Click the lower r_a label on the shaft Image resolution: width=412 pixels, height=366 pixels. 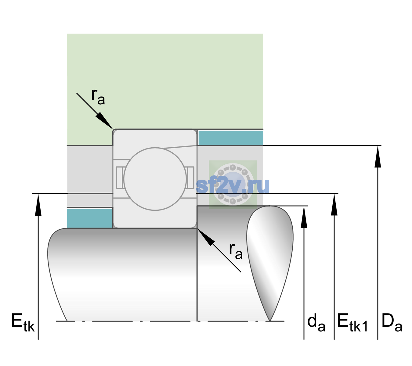(x=236, y=251)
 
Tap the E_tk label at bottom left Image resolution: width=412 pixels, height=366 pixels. (x=23, y=323)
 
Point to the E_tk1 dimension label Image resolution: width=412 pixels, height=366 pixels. (x=353, y=323)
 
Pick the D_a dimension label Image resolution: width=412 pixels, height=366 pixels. (x=392, y=323)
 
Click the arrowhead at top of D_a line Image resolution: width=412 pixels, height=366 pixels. (x=378, y=156)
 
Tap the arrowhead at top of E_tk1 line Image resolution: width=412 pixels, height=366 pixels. (x=334, y=204)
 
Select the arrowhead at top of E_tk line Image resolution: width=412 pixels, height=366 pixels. (x=38, y=205)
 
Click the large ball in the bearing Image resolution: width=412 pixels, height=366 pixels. (x=155, y=179)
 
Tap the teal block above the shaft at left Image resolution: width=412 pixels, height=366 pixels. (x=90, y=218)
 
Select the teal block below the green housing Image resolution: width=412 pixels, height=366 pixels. (x=231, y=138)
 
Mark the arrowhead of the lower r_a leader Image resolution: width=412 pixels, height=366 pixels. (x=206, y=237)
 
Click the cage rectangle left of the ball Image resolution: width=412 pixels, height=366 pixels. (x=119, y=178)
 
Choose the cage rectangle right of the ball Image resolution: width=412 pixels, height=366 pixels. (x=190, y=178)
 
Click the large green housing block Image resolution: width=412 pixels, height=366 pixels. (x=165, y=81)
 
